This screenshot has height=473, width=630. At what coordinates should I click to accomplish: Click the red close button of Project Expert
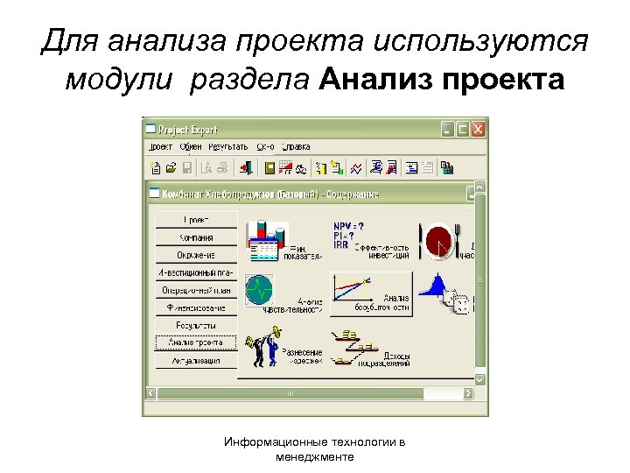[x=478, y=128]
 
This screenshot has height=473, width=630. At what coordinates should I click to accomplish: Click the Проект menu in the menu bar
[x=160, y=146]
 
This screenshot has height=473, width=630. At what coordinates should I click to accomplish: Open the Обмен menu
[x=190, y=146]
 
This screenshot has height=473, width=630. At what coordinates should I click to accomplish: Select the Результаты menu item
[x=229, y=146]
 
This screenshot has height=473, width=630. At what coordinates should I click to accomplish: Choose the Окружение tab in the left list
[x=197, y=255]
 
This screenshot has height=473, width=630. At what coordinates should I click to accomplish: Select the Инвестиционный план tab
[x=197, y=272]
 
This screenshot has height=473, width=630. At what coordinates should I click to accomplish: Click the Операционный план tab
[x=197, y=290]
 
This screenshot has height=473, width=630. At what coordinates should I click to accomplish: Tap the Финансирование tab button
[x=197, y=307]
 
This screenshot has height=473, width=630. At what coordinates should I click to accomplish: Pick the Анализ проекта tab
[x=197, y=342]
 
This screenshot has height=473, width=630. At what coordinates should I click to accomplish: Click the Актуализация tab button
[x=197, y=360]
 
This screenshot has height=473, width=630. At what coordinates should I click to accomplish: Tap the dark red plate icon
[x=439, y=239]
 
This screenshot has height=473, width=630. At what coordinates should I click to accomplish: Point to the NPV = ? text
[x=349, y=225]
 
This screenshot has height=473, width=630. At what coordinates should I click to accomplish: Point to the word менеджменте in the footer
[x=315, y=457]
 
